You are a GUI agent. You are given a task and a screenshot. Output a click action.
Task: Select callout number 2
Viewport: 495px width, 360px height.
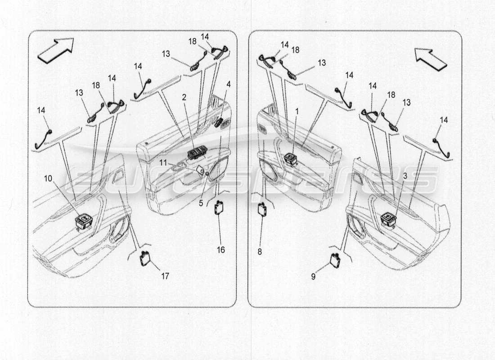coord(184,97)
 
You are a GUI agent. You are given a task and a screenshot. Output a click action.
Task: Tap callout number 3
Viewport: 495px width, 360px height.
coord(405,176)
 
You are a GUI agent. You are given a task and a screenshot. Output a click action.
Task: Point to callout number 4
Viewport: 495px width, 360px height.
coord(229,84)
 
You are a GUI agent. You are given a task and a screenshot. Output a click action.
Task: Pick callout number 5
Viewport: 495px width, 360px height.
coord(201,203)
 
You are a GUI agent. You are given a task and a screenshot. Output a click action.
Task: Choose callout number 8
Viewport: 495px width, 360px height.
coord(260,252)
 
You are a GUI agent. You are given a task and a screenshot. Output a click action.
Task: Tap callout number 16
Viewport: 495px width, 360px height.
coord(221,250)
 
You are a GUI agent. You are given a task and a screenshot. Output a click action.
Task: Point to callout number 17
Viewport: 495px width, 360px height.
coord(165,276)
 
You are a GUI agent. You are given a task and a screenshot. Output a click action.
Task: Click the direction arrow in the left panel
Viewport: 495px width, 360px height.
coord(55,49)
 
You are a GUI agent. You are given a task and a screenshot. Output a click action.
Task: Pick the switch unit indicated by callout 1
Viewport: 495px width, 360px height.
coord(290,158)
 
